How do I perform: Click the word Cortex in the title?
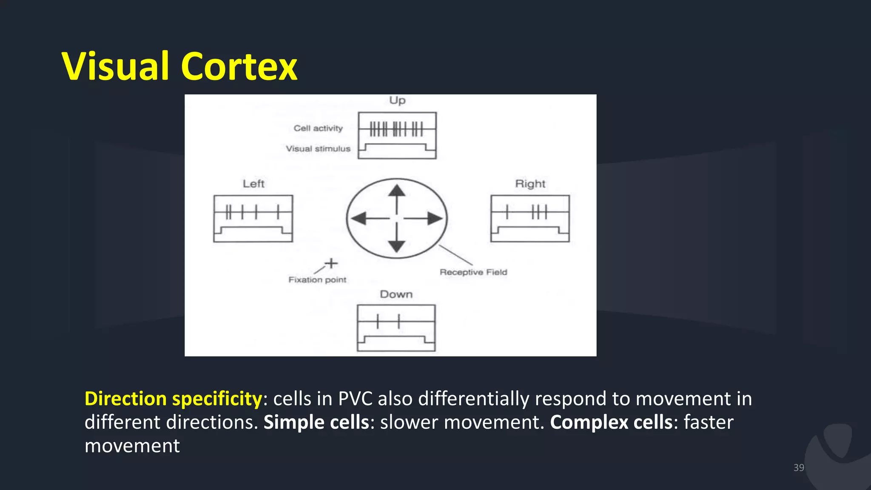tap(239, 66)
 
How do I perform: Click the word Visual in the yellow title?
tap(116, 66)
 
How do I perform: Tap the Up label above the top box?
tap(397, 100)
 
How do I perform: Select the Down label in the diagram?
tap(396, 294)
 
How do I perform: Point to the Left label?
tap(253, 184)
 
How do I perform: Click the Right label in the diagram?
tap(530, 184)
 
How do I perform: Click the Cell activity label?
tap(318, 128)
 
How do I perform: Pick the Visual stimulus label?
tap(318, 149)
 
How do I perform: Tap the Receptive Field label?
tap(473, 272)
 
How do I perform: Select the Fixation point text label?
tap(317, 280)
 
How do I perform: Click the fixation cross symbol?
tap(331, 263)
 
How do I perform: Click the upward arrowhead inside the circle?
tap(397, 190)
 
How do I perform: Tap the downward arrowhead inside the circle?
tap(397, 246)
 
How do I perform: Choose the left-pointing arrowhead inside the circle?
tap(359, 218)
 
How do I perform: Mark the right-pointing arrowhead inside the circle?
tap(435, 218)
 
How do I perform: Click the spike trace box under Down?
tap(396, 328)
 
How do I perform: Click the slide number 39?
tap(799, 467)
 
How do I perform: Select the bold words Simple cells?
tap(316, 422)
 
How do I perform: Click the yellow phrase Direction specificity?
tap(173, 399)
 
